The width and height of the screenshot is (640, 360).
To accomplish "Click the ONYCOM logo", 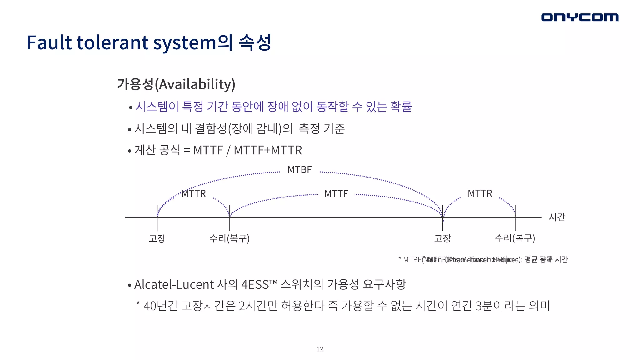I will (x=580, y=17).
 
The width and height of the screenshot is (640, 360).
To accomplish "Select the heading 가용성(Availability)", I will (x=176, y=84).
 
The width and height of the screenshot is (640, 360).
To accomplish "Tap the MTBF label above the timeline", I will (x=299, y=170).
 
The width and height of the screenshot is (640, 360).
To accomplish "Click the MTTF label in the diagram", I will (x=336, y=194).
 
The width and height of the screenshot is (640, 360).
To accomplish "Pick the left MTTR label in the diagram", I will (x=194, y=193).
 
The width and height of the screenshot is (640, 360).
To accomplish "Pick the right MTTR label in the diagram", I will (x=480, y=193).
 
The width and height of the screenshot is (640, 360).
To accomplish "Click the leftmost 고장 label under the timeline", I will (x=157, y=238).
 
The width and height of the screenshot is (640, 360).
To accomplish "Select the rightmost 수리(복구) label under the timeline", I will (x=515, y=238).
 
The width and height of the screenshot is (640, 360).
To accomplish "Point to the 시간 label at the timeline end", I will (x=557, y=217).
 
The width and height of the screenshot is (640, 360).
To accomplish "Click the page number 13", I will (x=320, y=350).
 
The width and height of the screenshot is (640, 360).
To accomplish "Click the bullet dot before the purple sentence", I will (x=131, y=108).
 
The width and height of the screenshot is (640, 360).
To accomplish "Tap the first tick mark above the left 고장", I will (x=157, y=210).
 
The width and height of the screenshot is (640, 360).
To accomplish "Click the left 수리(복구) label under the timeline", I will (x=229, y=238).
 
